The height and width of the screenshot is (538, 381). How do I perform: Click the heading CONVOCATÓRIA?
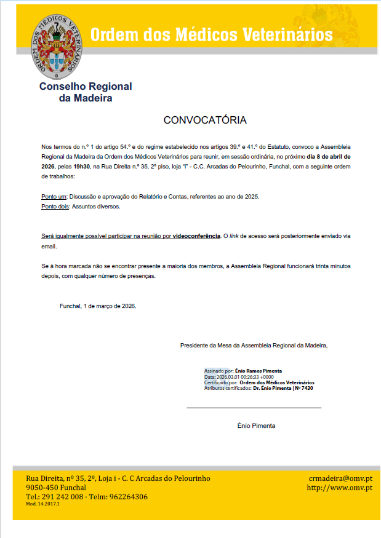205,120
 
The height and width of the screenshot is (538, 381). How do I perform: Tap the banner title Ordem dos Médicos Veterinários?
211,34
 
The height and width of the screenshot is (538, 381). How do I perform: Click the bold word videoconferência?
196,236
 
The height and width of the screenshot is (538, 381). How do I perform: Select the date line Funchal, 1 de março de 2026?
98,306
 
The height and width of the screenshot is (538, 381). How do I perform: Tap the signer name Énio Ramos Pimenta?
259,371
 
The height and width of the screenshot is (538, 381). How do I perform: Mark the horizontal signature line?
254,407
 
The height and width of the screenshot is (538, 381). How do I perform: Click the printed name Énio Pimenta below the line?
256,425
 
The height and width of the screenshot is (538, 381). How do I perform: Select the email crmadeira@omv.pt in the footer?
340,478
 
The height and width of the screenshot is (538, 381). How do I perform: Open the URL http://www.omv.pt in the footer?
340,488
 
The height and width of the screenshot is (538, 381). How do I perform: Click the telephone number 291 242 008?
62,497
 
